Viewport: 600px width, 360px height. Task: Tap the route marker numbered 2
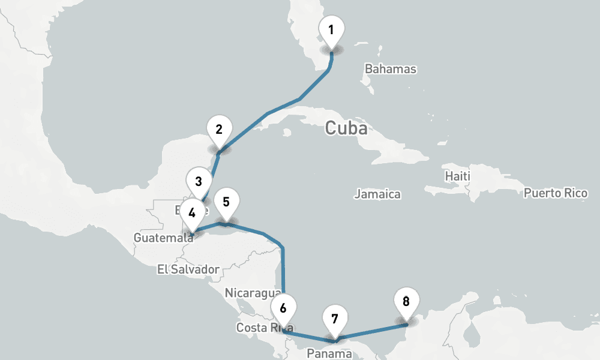tap(219, 130)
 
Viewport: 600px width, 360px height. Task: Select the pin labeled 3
tap(199, 181)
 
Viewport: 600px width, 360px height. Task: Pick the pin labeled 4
tap(192, 213)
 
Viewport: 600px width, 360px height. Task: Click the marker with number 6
tap(283, 309)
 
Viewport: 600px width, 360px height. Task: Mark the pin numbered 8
tap(406, 302)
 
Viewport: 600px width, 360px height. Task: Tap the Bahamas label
tap(391, 69)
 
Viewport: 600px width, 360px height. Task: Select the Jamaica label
tap(377, 194)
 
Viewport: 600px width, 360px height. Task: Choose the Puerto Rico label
tap(556, 193)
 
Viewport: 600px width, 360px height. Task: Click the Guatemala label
tap(157, 238)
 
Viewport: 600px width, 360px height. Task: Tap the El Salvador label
tap(188, 269)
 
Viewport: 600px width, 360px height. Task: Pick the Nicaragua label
tap(253, 293)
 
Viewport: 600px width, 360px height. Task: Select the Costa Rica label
tap(264, 328)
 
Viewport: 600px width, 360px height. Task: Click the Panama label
tap(329, 354)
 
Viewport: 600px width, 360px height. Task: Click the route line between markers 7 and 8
tap(372, 332)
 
